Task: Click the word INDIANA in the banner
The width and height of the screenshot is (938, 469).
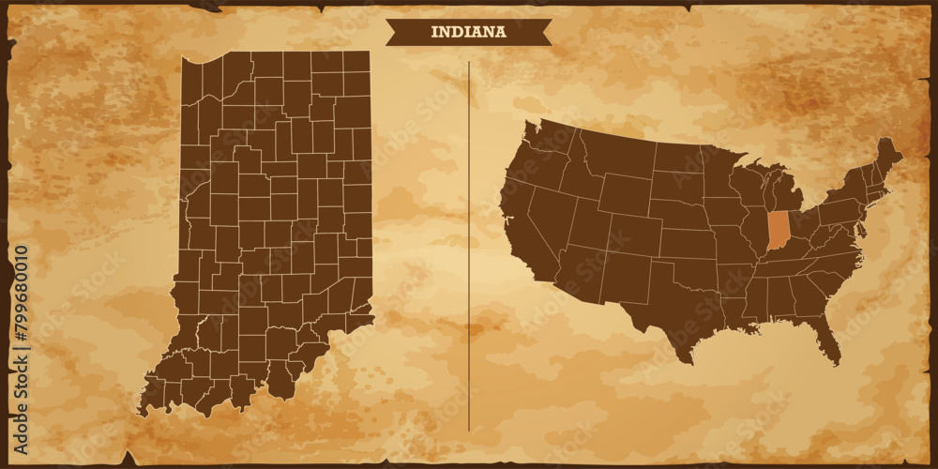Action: tap(468, 32)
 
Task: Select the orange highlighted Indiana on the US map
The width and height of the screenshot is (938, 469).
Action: tap(778, 231)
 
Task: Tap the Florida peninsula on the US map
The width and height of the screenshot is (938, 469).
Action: tap(826, 337)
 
